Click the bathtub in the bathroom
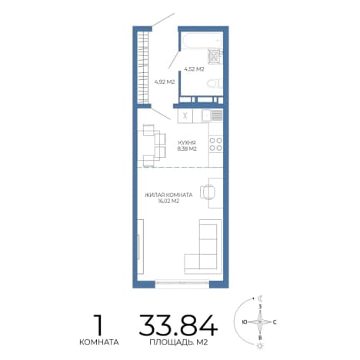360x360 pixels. click(202, 40)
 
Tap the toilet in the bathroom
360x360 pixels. click(215, 83)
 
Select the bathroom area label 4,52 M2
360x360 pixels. click(194, 69)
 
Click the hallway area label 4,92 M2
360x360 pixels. click(165, 82)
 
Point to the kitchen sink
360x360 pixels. click(212, 115)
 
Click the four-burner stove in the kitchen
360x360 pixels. click(216, 144)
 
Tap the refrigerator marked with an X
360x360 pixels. click(185, 115)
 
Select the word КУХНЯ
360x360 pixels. click(187, 142)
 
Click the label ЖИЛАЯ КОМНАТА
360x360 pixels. click(168, 195)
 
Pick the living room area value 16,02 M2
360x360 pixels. click(168, 201)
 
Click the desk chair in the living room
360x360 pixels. click(208, 192)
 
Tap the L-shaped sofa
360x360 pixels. click(203, 247)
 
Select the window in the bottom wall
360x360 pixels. click(182, 283)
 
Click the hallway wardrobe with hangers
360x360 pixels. click(143, 68)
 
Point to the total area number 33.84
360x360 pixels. click(178, 325)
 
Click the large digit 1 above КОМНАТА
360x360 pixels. click(98, 325)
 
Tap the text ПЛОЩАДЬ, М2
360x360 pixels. click(178, 342)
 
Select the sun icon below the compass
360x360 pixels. click(260, 346)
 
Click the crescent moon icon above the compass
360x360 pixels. click(260, 298)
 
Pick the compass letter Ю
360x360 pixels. click(245, 322)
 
